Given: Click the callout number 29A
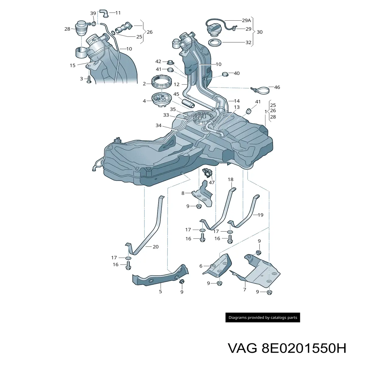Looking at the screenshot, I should [x=246, y=20].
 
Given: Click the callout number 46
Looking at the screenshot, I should [x=277, y=87].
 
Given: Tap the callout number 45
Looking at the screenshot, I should [x=176, y=94].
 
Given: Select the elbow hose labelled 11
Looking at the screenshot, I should [x=104, y=13].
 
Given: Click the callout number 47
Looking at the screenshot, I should [x=212, y=182].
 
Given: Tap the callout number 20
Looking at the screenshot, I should [x=155, y=247].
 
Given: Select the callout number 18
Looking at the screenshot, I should [x=231, y=179].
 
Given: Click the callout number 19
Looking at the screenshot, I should [x=260, y=215].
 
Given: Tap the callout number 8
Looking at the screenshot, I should [x=183, y=193].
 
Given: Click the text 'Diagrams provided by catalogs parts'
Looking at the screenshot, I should [x=263, y=318].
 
